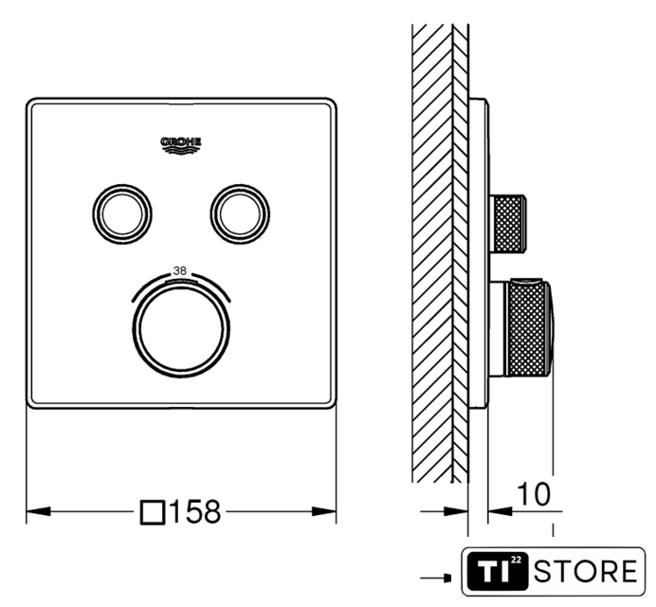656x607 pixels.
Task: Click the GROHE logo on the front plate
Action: click(181, 145)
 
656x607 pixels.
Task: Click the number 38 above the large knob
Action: click(180, 271)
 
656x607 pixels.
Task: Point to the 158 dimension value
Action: click(195, 511)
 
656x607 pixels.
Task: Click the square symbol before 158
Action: click(152, 512)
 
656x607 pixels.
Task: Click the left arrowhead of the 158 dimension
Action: click(38, 511)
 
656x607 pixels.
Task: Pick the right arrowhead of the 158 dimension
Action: click(324, 511)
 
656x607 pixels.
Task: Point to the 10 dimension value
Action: click(534, 494)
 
